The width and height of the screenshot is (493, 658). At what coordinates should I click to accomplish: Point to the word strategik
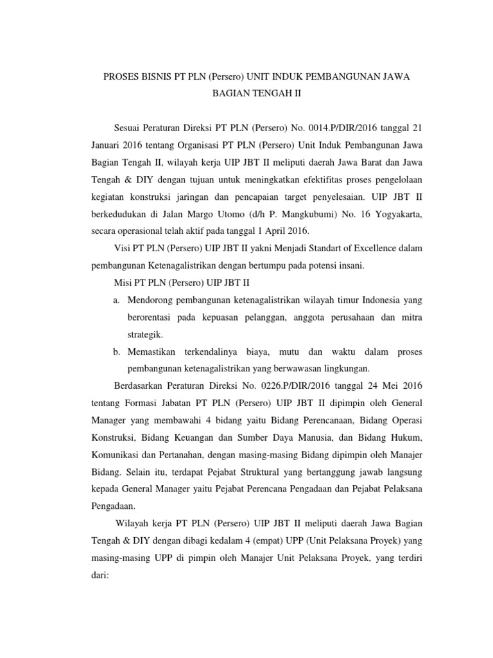(x=146, y=334)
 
